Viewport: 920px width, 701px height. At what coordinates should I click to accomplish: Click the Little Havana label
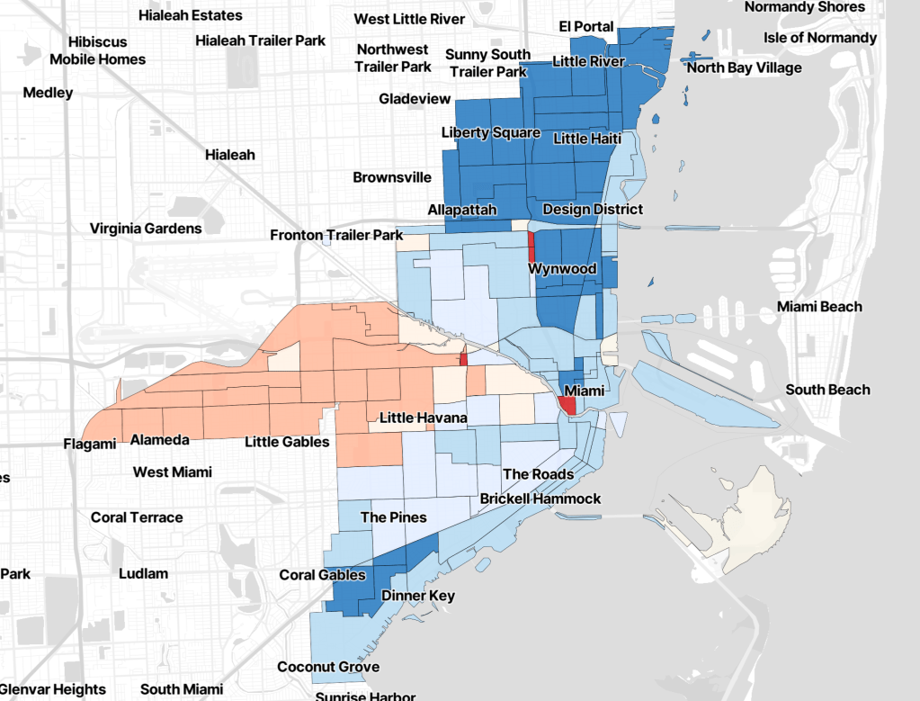tap(423, 418)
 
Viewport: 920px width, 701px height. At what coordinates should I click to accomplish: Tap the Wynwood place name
tap(562, 269)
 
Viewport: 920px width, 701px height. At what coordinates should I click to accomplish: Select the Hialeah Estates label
tap(190, 15)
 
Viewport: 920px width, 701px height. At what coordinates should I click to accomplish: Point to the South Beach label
tap(827, 390)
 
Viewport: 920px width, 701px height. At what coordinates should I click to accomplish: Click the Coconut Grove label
tap(328, 667)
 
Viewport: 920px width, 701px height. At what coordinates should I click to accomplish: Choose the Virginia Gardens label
tap(146, 229)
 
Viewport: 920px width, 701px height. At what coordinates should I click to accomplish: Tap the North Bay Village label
tap(744, 67)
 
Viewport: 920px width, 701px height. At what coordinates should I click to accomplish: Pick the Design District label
tap(593, 209)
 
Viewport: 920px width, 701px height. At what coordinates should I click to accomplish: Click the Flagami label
tap(90, 444)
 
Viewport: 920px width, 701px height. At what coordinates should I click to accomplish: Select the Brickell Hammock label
tap(540, 499)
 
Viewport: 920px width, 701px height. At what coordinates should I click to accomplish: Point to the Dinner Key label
tap(418, 596)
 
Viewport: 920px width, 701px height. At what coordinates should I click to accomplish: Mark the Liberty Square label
tap(490, 132)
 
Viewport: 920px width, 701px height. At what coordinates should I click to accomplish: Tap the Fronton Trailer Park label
tap(336, 235)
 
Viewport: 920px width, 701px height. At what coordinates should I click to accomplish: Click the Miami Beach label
tap(819, 307)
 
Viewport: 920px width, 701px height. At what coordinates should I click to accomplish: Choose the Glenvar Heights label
tap(52, 690)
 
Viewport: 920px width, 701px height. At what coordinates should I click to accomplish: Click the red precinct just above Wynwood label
tap(531, 246)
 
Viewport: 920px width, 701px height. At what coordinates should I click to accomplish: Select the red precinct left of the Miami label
tap(567, 405)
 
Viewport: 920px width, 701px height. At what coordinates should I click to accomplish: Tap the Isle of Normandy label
tap(819, 38)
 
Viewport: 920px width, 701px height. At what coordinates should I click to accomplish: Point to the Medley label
tap(49, 93)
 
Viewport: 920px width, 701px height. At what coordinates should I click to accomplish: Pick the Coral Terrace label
tap(137, 517)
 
